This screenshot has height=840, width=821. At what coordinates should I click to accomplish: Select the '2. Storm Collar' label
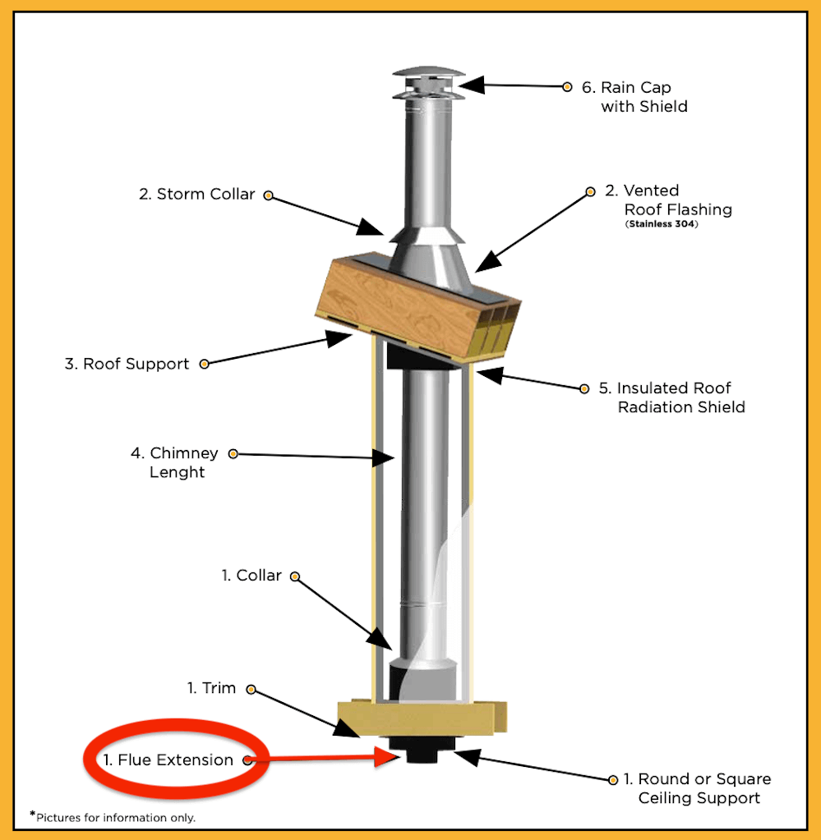pos(197,195)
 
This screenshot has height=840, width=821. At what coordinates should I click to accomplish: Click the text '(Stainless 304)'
pos(661,223)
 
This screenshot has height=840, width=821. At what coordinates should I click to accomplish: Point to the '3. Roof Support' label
pos(127,364)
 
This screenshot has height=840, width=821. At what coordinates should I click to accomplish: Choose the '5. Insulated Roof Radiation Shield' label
pos(680,397)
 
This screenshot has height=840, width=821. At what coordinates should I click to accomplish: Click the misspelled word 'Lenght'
pos(177,472)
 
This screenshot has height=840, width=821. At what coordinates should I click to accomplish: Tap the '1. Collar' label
pos(251,576)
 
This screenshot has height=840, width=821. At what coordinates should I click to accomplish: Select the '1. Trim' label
pos(212,688)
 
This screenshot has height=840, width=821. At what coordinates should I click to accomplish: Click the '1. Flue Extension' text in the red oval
pos(168,760)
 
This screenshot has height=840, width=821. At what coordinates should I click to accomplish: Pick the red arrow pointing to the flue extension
pos(321,760)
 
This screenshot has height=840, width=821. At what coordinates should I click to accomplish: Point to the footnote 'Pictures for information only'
pos(116,817)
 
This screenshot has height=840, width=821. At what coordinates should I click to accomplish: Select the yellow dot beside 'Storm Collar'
pos(268,196)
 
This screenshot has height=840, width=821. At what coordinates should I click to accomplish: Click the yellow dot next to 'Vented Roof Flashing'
pos(589,192)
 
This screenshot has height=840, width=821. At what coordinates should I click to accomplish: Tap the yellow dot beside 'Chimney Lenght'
pos(233,453)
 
